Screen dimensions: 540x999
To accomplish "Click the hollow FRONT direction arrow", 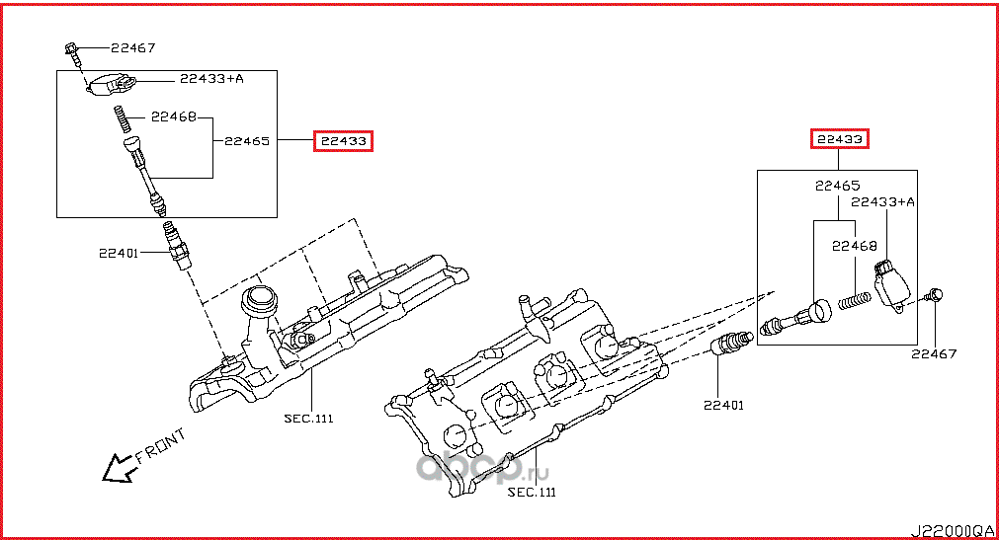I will point(118,467).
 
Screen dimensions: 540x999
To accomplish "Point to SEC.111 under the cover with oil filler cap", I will point(309,418).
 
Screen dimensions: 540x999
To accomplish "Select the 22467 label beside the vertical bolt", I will point(132,47).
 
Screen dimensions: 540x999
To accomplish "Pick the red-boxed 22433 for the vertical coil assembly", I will point(343,141).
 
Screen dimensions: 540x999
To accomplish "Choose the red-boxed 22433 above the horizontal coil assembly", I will point(839,140).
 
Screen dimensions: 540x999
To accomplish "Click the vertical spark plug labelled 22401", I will point(174,247).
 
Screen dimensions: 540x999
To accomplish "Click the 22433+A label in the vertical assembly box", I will point(211,78).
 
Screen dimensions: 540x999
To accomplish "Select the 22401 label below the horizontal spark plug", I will point(724,405).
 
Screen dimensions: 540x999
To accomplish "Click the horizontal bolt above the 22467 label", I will point(935,294).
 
